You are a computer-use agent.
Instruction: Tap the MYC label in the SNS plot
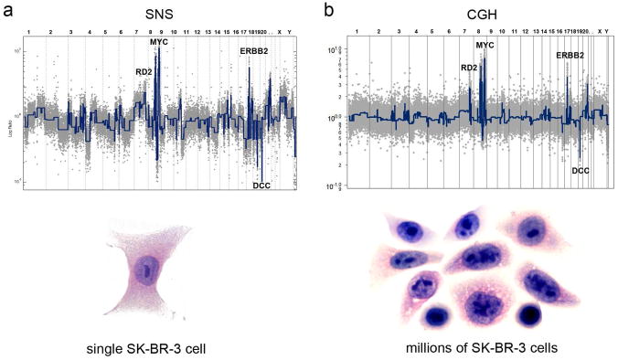(x=159, y=42)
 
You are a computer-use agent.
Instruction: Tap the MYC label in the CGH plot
(x=486, y=45)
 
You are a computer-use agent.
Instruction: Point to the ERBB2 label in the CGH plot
(x=570, y=56)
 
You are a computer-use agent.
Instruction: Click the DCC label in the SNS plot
(x=261, y=186)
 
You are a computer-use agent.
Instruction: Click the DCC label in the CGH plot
(x=581, y=170)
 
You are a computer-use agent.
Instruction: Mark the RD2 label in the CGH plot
(x=469, y=67)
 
